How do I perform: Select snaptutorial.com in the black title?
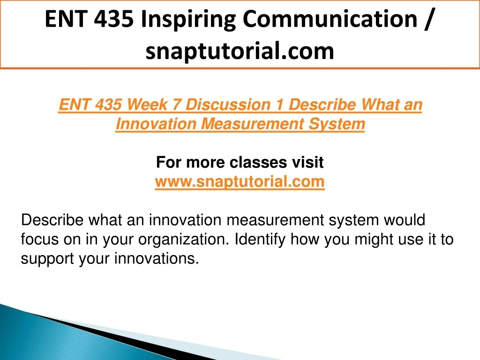coord(240,51)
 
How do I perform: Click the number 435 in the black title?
coord(114,19)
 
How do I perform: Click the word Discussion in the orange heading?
coord(228,105)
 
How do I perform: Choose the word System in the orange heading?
coord(337,124)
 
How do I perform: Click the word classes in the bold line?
coord(258,162)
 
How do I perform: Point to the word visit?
coord(307,162)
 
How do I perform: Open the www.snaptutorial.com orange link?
coord(240,182)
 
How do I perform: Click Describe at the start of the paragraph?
coord(52,220)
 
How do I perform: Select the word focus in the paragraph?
coord(40,239)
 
